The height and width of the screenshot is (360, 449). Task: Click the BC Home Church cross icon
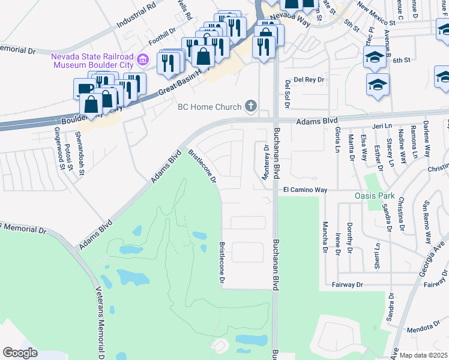point(251,107)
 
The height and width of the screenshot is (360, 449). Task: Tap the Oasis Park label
point(374,196)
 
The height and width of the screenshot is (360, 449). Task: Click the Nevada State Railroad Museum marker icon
point(143,59)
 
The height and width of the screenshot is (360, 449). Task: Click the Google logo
point(20,352)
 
